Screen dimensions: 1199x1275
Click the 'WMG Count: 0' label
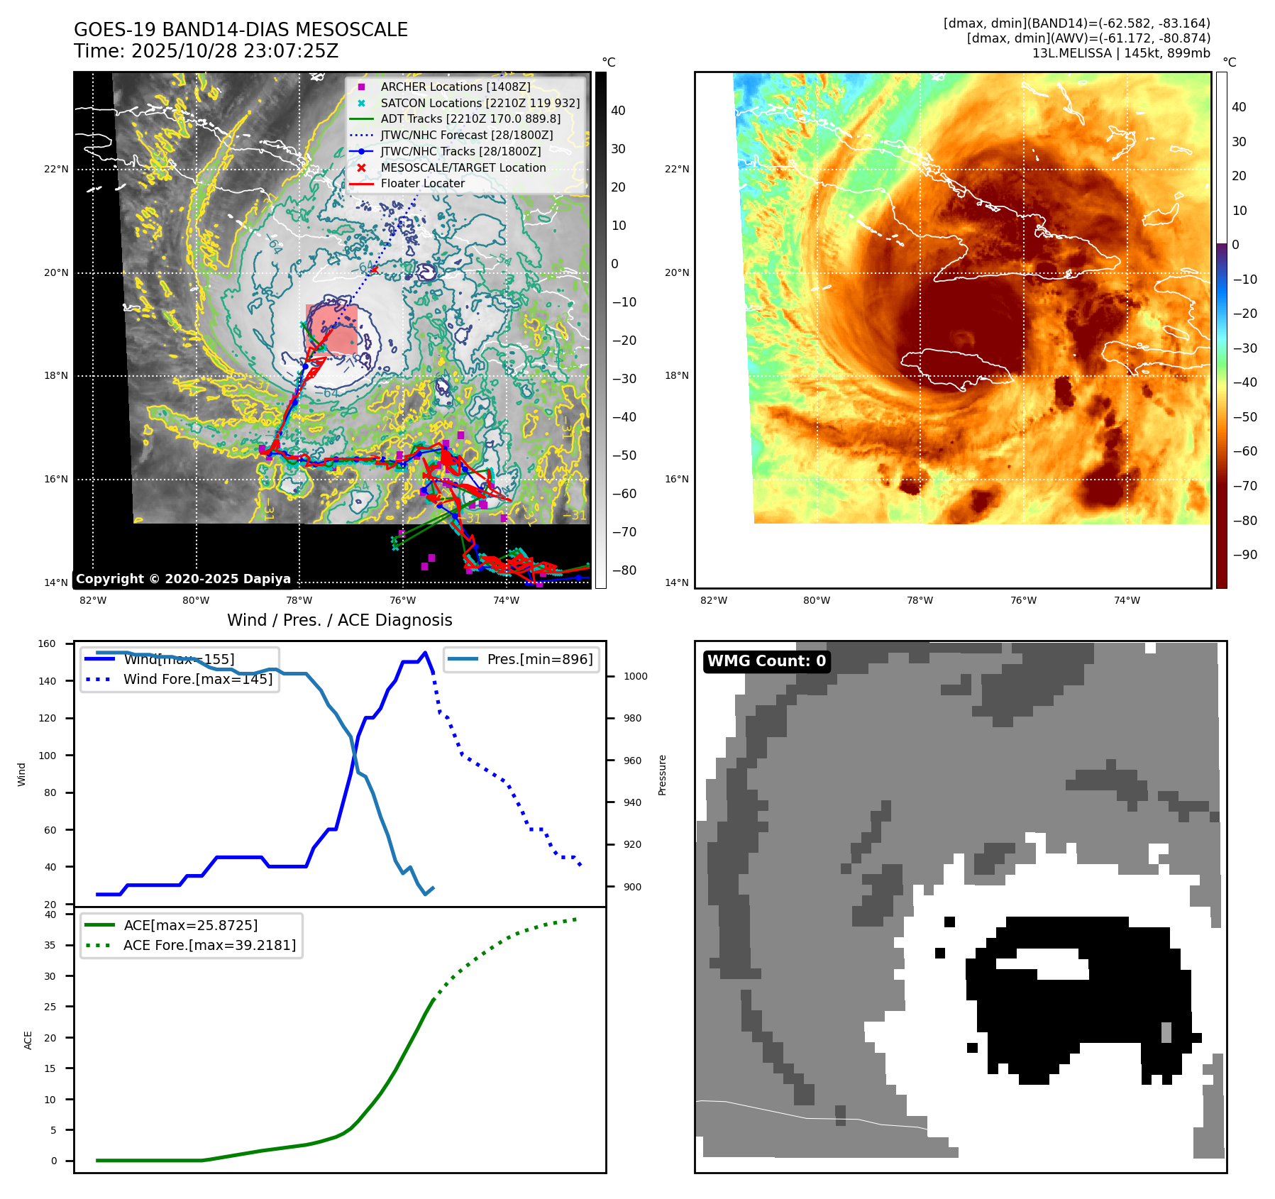[x=766, y=661]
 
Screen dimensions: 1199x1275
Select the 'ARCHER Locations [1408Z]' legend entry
[x=455, y=87]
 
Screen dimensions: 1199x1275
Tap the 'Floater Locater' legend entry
[x=422, y=183]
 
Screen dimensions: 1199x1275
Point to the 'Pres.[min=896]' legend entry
[x=539, y=659]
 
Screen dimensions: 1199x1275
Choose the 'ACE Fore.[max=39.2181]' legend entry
[x=209, y=945]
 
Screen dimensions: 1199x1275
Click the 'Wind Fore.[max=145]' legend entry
[x=198, y=679]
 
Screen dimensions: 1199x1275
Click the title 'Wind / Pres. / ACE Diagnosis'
[x=339, y=620]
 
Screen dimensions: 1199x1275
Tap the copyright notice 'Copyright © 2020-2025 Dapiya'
[x=183, y=579]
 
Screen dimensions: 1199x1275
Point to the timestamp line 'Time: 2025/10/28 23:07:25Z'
[x=206, y=52]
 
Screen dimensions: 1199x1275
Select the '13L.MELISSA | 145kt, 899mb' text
[x=1121, y=53]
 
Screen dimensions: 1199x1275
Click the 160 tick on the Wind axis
[x=47, y=643]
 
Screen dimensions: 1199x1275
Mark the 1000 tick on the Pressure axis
[x=635, y=676]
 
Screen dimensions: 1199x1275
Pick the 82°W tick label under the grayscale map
[x=93, y=600]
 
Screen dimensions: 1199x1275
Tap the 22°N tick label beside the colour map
[x=676, y=169]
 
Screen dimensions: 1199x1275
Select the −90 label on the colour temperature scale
[x=1244, y=555]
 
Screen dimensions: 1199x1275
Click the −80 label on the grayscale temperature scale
[x=624, y=570]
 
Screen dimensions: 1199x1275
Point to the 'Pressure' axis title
[x=662, y=775]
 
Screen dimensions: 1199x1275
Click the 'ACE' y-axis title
[x=28, y=1040]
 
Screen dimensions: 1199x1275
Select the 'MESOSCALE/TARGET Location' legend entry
[x=463, y=167]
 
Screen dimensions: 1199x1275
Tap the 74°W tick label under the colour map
[x=1127, y=600]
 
